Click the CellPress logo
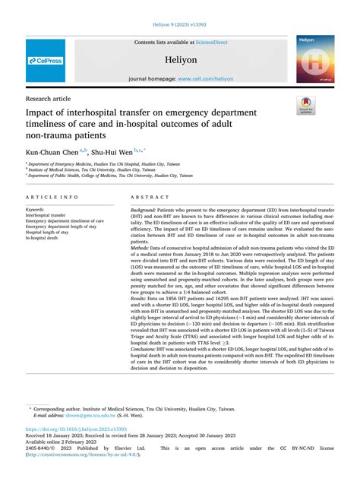pos(46,60)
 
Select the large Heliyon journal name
pos(180,59)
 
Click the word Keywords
pos(35,209)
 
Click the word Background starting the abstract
pos(147,209)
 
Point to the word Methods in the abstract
pos(141,269)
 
